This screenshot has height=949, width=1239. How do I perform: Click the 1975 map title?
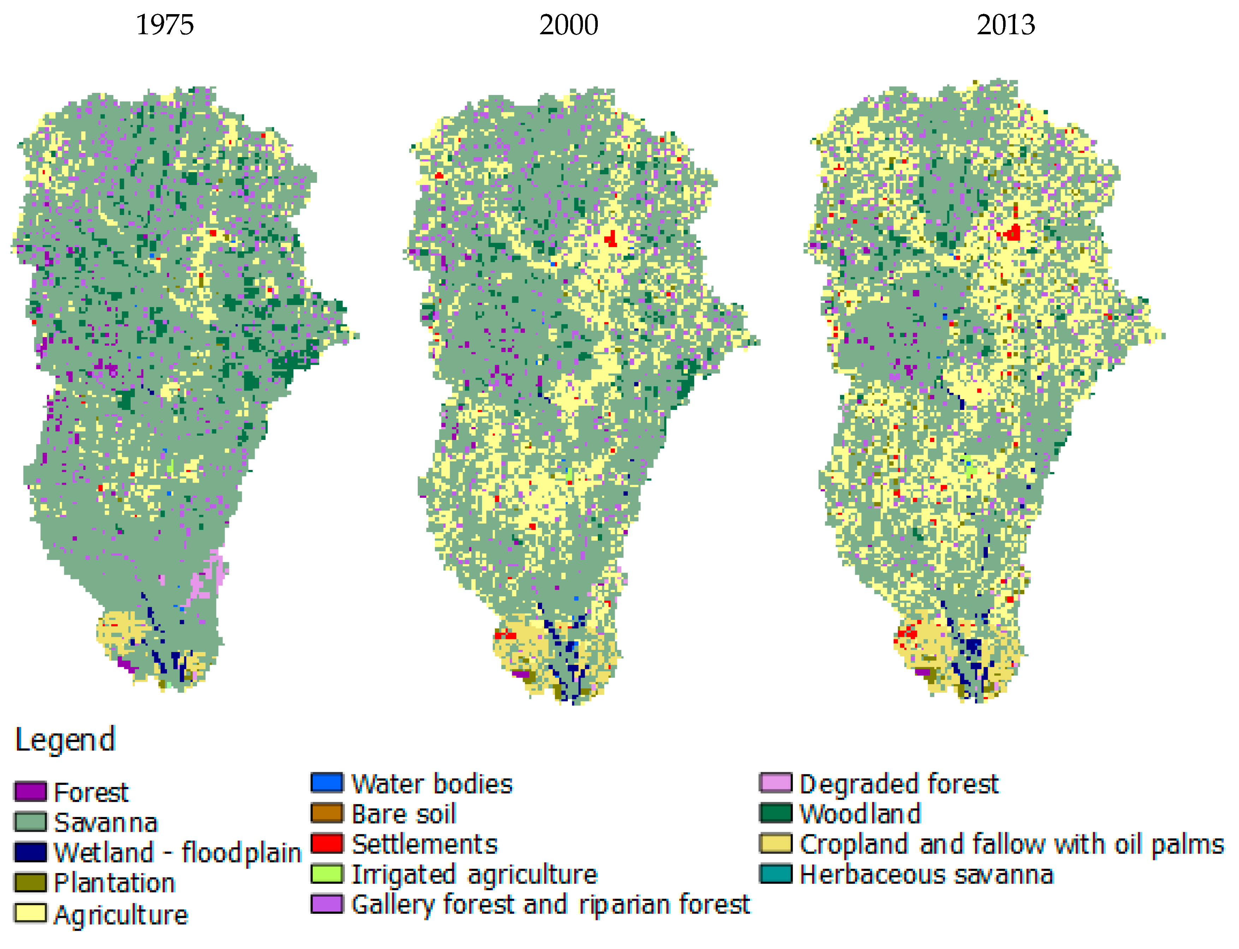coord(165,25)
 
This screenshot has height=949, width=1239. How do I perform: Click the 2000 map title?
coord(568,25)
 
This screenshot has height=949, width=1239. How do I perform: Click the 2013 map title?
coord(1006,25)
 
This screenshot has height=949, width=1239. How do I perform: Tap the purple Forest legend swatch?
coord(30,792)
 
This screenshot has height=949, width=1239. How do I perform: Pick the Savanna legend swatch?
coord(30,822)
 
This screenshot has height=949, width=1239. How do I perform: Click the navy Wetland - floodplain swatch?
coord(30,852)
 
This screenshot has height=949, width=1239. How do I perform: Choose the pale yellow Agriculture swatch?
coord(30,913)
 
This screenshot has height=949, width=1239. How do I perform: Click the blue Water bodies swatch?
coord(327,783)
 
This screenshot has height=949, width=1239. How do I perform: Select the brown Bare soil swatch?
coord(327,813)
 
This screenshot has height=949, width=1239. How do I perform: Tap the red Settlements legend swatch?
coord(327,843)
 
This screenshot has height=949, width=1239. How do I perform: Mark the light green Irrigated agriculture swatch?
coord(327,874)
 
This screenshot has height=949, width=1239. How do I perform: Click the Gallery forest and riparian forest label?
coord(551,905)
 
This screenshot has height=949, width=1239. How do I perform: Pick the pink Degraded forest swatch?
coord(775,783)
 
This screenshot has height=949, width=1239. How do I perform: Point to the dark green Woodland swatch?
coord(775,813)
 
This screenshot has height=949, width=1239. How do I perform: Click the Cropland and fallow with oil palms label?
coord(1011,844)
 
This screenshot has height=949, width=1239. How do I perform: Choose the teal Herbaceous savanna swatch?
coord(775,874)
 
